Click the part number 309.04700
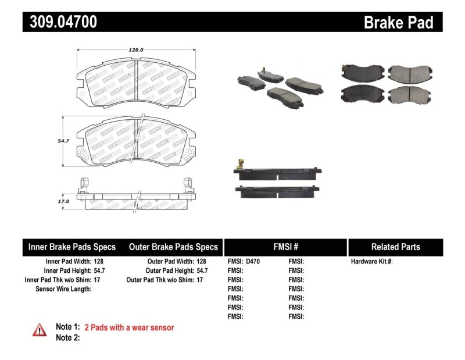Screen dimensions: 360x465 [60, 22]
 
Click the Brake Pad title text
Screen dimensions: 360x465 [398, 23]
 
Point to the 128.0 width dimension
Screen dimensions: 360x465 [135, 51]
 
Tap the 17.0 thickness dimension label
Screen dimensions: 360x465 [63, 201]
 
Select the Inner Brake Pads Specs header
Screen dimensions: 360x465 [72, 247]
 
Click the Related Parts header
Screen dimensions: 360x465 [395, 247]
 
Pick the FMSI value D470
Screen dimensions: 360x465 [253, 262]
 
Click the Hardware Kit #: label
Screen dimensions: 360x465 [371, 262]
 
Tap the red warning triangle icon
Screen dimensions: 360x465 [38, 330]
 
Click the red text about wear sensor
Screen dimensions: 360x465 [129, 328]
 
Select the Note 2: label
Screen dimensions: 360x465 [67, 337]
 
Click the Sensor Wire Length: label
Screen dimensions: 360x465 [63, 289]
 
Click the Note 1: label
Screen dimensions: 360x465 [67, 328]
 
